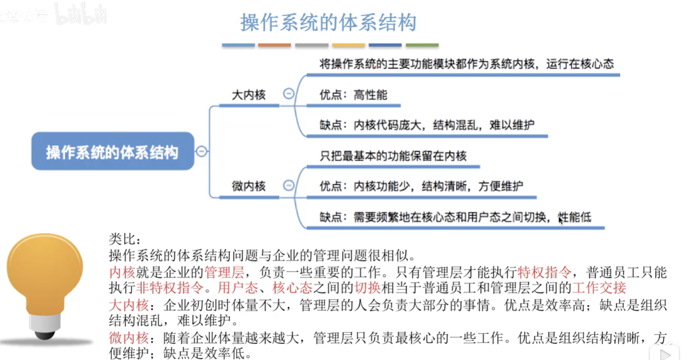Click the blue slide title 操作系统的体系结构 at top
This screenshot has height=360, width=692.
coord(328,23)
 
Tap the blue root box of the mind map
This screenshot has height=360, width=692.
coord(113,151)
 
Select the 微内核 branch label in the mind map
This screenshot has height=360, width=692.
coord(249,186)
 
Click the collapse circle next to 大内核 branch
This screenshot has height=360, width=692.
coord(288,94)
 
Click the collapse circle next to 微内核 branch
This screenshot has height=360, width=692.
coord(288,185)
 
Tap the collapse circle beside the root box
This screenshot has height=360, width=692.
coord(202,151)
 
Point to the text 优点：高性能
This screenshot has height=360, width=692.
coord(353,95)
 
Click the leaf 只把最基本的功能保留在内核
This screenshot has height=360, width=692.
coord(393,156)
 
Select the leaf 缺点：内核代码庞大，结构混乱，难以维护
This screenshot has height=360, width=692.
coord(427,125)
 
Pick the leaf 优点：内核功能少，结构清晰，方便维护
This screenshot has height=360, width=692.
coord(421,186)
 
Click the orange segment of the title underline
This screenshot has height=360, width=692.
coord(274,45)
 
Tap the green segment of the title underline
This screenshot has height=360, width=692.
coord(422,45)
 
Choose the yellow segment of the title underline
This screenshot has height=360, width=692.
coord(349,45)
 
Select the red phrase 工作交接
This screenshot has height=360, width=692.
coord(599,288)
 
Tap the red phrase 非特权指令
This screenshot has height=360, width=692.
coord(170,288)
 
